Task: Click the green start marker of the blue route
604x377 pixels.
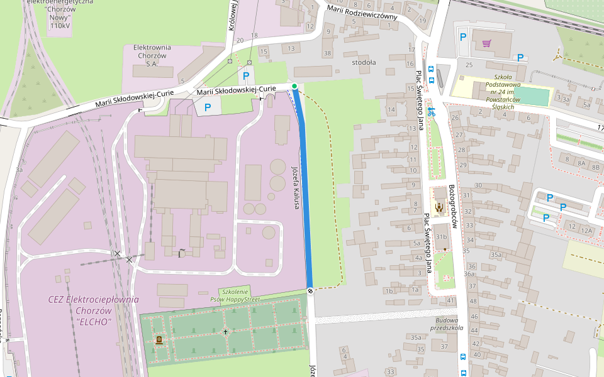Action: (x=294, y=86)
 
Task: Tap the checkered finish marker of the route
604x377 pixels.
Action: (x=310, y=290)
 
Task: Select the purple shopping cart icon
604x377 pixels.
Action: (x=486, y=43)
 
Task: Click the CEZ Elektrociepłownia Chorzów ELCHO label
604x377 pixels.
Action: (x=93, y=310)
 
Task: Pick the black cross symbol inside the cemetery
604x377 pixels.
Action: (x=225, y=331)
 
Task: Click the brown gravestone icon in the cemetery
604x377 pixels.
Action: (x=159, y=340)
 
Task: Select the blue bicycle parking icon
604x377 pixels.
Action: (x=430, y=112)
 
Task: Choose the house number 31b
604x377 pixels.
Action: (x=441, y=237)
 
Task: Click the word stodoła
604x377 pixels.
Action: (x=364, y=62)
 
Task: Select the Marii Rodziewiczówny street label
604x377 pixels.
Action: (x=362, y=12)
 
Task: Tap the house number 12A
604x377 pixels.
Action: (x=586, y=231)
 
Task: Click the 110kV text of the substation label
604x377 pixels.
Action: (x=60, y=26)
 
